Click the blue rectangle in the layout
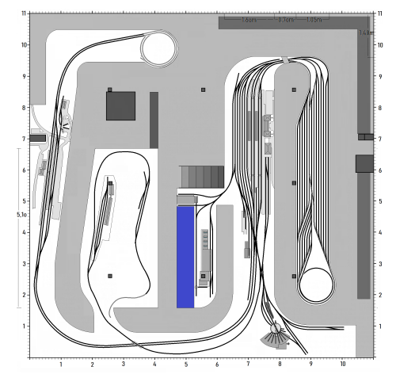(x=185, y=257)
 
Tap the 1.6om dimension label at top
(x=249, y=21)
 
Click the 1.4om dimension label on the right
(x=365, y=33)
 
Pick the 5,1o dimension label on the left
(x=23, y=214)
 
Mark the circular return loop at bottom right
(x=317, y=284)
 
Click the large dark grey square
(x=120, y=105)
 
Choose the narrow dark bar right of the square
(x=154, y=120)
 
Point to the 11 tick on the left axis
(x=25, y=13)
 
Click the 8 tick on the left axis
(x=25, y=108)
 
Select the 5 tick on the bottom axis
(x=186, y=365)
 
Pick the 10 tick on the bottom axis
(x=342, y=365)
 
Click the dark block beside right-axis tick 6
(x=364, y=163)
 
